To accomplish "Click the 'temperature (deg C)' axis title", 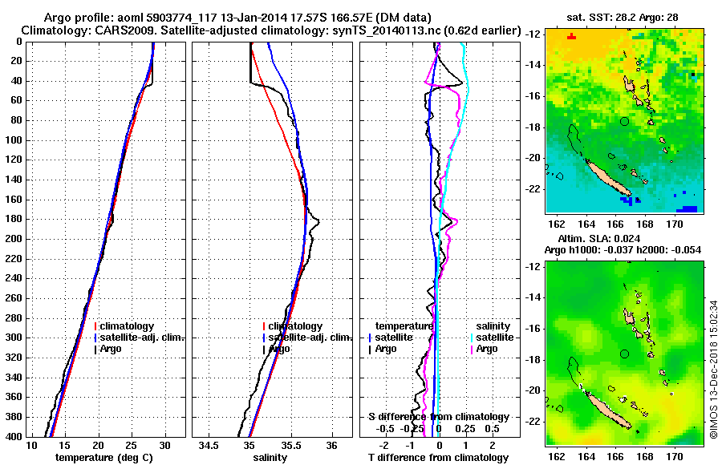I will (99, 458).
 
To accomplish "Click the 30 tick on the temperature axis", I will (164, 445).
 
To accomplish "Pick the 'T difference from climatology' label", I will (438, 458).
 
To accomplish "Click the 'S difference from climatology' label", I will (438, 417).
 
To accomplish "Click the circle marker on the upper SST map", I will (625, 121).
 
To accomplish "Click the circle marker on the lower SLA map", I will (625, 354).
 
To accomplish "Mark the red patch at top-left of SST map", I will (571, 36).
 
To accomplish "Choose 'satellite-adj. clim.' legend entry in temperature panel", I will (142, 338).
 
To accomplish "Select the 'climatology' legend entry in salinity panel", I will (295, 326).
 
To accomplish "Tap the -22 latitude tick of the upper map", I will (533, 189).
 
